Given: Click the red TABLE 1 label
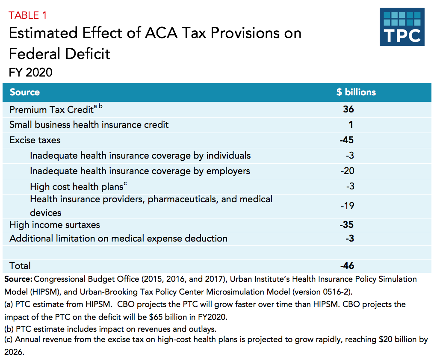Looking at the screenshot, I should [x=28, y=15].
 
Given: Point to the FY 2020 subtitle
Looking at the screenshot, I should [x=30, y=72].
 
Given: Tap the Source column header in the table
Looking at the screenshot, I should [x=25, y=92].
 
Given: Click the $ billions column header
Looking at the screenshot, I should [x=356, y=92].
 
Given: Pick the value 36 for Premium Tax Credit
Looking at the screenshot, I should [x=348, y=109].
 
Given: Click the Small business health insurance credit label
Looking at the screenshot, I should [x=89, y=125].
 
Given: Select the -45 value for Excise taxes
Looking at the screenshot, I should [x=346, y=140].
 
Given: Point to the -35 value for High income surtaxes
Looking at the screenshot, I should [x=346, y=225].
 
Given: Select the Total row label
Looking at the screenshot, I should [x=20, y=266].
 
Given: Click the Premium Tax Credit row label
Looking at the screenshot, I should [x=51, y=110].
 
